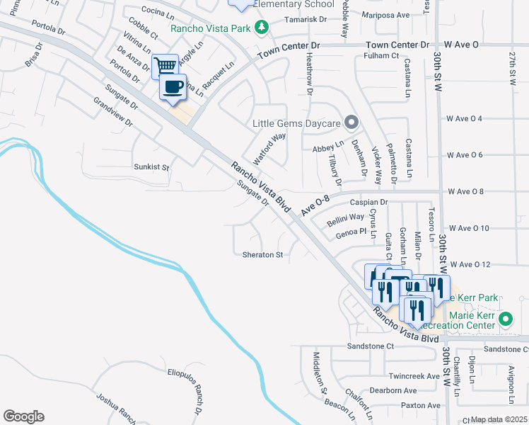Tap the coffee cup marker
174,87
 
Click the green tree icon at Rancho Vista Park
262,28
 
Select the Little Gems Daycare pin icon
351,123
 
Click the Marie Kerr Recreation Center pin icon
504,319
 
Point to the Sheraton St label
262,254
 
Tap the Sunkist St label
152,168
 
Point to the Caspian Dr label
374,202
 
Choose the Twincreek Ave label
413,376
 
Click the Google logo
23,416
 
